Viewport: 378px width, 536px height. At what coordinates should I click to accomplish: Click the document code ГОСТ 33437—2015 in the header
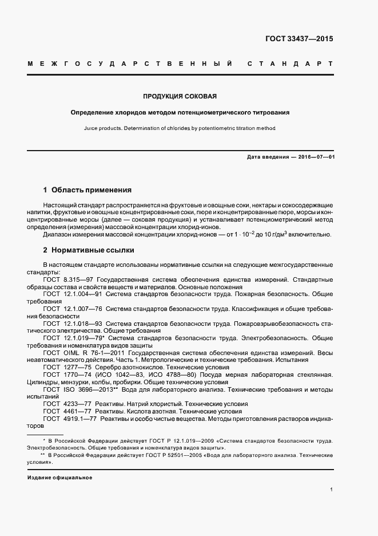[299, 40]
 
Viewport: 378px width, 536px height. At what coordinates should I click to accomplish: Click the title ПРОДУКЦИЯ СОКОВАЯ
[180, 96]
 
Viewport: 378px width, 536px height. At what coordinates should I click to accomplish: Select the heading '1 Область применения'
[87, 190]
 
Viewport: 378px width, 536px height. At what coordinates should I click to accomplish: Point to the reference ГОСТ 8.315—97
[65, 279]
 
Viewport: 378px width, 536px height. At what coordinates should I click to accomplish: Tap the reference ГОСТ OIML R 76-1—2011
[81, 353]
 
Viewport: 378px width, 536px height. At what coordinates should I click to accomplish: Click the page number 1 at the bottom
[332, 490]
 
